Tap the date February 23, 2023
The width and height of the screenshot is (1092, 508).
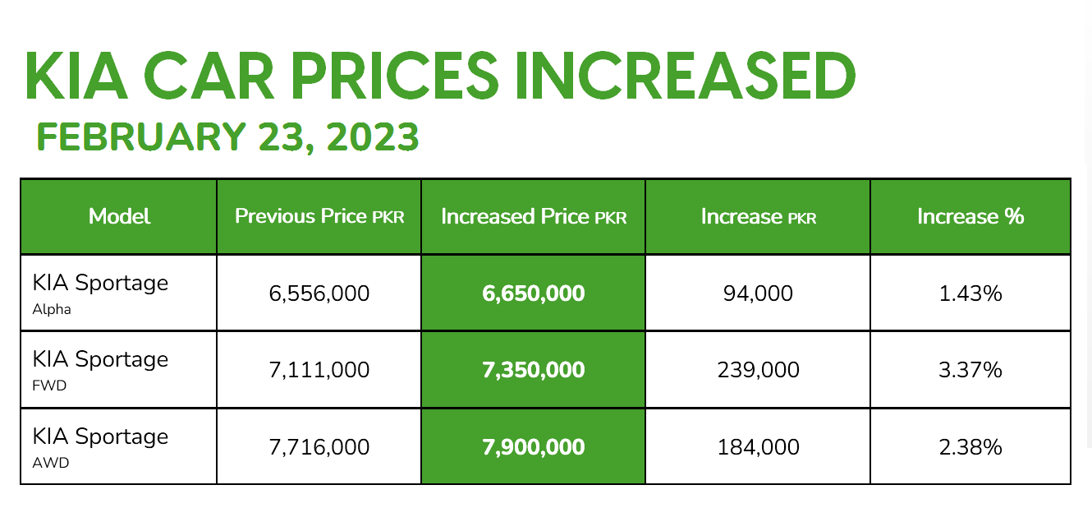click(x=227, y=137)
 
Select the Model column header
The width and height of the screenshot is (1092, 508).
click(x=119, y=216)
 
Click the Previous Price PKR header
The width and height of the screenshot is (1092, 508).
click(x=319, y=216)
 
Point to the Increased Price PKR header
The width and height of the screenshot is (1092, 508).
click(x=534, y=216)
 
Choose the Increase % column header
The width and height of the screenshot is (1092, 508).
click(x=970, y=216)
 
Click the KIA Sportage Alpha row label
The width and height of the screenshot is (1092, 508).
click(x=100, y=293)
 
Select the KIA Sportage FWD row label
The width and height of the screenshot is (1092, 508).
click(x=100, y=369)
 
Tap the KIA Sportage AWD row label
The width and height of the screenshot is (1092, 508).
click(x=100, y=446)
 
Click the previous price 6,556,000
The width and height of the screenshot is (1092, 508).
click(x=319, y=293)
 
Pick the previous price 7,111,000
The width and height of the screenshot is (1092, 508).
click(x=319, y=370)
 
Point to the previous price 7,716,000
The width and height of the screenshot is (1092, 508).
click(x=319, y=447)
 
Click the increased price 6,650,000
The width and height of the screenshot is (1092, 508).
click(x=534, y=293)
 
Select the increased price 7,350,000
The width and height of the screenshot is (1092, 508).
click(x=534, y=370)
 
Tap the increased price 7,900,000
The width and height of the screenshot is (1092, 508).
click(x=534, y=447)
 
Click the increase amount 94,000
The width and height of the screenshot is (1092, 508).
click(x=758, y=293)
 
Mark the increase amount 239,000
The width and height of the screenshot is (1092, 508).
click(x=758, y=370)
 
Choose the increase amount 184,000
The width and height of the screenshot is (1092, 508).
click(x=758, y=447)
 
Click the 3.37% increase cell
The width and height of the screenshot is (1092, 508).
click(x=970, y=370)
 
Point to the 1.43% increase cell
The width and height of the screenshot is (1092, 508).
click(x=970, y=293)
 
